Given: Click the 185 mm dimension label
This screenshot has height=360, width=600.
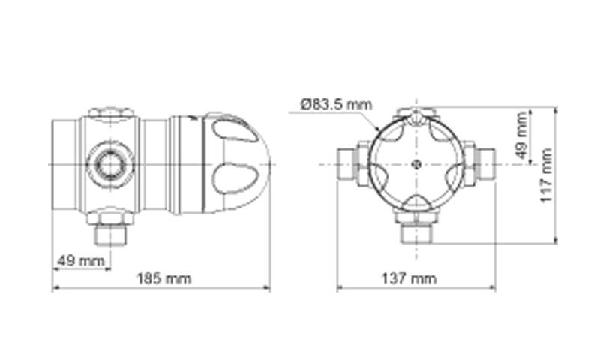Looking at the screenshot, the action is point(164,278).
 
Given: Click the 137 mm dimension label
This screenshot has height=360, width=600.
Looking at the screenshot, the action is point(409,278).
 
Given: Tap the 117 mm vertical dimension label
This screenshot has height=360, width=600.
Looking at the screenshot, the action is point(546,175).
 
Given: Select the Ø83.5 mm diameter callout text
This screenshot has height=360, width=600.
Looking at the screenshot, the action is point(336,104).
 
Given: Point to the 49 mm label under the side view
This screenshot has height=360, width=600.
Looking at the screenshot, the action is point(81,261).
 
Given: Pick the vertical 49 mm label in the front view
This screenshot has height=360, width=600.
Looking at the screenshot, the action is point(521,136).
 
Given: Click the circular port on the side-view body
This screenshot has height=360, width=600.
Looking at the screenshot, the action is point(110,165).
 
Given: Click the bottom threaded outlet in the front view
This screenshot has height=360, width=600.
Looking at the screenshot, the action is point(416,233).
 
